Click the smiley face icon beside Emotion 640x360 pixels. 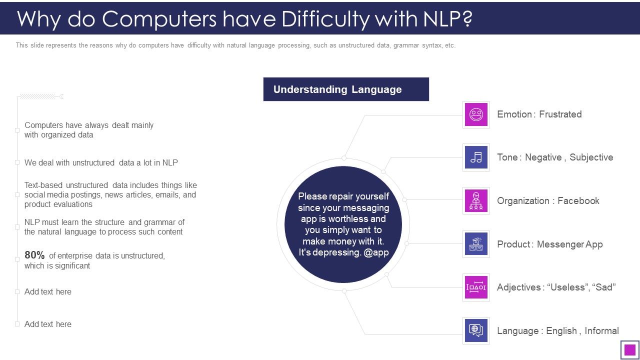476,114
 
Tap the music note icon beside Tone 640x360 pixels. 476,157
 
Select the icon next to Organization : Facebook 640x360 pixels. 476,200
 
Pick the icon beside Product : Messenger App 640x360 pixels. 476,244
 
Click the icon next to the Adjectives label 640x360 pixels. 476,287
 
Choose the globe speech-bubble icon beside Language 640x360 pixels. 476,330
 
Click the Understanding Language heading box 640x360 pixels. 346,89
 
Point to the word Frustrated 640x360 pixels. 560,114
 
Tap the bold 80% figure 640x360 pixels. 34,255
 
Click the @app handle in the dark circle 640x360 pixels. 376,252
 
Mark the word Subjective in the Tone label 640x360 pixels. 591,157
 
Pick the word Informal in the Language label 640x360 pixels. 601,331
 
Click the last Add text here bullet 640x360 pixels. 48,324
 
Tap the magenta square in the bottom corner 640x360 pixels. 630,350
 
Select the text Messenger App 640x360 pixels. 569,244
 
